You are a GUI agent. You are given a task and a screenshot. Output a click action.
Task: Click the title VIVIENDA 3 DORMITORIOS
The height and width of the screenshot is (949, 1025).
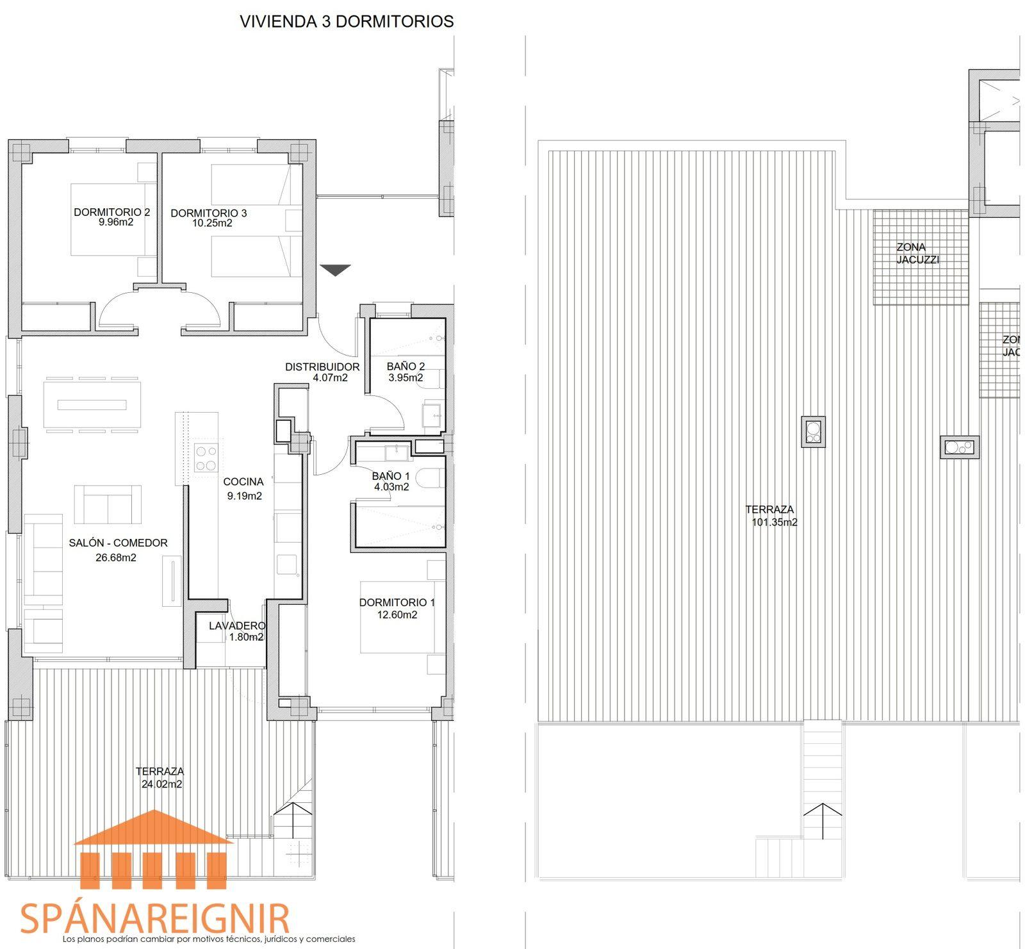[x=347, y=21]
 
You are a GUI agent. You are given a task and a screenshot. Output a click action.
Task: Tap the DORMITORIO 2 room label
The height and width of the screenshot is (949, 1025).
[x=112, y=212]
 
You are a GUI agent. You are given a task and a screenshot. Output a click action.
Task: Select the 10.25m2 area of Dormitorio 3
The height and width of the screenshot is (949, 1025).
[x=212, y=224]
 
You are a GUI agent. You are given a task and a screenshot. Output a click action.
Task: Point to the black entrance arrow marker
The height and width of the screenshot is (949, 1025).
[x=336, y=270]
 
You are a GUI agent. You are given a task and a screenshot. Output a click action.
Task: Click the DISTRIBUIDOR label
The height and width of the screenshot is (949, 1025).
[x=322, y=367]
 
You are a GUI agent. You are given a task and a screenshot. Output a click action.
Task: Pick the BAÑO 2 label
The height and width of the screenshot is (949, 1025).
[x=406, y=367]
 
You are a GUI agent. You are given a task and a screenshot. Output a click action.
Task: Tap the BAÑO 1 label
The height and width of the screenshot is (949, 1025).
[x=391, y=476]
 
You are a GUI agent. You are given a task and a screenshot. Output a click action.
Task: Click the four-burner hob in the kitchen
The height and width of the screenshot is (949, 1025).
[x=206, y=458]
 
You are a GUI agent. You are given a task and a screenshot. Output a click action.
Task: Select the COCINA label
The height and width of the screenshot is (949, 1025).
[x=243, y=482]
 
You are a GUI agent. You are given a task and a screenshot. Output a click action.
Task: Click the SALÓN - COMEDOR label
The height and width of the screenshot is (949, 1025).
[x=119, y=543]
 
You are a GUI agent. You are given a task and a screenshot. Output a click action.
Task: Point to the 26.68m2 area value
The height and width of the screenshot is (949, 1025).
[x=116, y=557]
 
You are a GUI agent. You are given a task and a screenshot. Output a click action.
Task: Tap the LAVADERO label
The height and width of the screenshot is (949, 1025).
[x=237, y=626]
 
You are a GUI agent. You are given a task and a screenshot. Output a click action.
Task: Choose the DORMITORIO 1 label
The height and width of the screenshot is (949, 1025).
[x=397, y=603]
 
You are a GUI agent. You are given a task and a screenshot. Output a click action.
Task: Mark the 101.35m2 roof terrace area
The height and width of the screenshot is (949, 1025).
[x=775, y=522]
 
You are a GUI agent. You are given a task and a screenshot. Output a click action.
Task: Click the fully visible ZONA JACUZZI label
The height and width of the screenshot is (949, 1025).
[x=917, y=254]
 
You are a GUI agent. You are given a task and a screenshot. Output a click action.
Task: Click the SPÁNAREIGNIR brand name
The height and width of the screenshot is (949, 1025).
[x=155, y=919]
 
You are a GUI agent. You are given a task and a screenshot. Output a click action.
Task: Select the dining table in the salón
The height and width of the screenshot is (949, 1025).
[x=93, y=404]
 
